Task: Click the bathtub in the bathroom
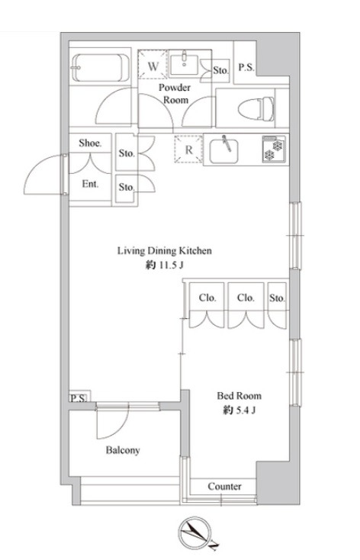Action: pos(101,68)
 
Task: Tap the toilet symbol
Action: pos(256,108)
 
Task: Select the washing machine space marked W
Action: pos(153,64)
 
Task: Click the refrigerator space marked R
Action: pos(188,149)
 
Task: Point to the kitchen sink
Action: pos(223,151)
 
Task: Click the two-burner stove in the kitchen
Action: pos(274,150)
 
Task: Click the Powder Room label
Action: pos(175,94)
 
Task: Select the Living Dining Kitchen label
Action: pos(165,251)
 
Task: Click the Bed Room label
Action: pos(239,395)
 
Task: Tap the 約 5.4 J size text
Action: pos(239,410)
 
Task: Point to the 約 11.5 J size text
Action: pos(165,266)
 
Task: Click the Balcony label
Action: pos(123,450)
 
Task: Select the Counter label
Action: pos(224,486)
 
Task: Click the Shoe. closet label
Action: pos(90,143)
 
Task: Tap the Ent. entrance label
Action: pos(90,184)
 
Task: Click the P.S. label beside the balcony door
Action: pos(79,397)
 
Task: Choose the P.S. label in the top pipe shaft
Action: pos(246,67)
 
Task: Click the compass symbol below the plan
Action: pos(194,534)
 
